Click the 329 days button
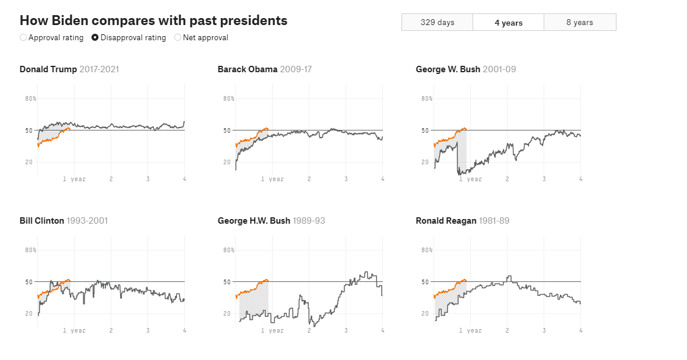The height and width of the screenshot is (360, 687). [437, 22]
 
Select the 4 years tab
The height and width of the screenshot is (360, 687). [508, 23]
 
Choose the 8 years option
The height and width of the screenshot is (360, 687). [579, 22]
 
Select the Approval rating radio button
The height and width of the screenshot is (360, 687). [23, 38]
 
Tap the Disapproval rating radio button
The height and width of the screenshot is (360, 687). [95, 38]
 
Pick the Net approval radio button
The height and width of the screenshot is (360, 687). [178, 38]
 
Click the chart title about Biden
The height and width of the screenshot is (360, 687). [153, 20]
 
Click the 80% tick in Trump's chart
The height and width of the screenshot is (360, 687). [30, 98]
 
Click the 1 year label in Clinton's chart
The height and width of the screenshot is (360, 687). [74, 330]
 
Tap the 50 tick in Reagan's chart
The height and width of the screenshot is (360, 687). [425, 282]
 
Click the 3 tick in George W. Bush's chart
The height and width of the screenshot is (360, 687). [544, 179]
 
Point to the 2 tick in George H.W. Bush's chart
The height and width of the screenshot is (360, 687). [309, 330]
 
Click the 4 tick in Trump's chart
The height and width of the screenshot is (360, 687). [184, 179]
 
